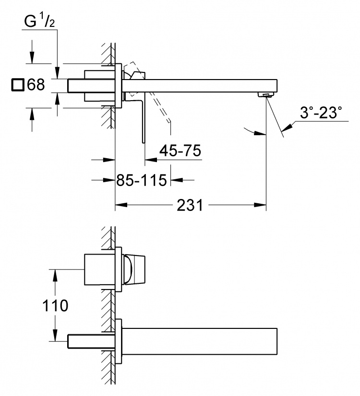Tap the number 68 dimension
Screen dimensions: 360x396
[x=36, y=84]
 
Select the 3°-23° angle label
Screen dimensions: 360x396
[x=321, y=112]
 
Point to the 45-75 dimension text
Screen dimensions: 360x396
[x=180, y=151]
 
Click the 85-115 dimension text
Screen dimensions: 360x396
[x=142, y=180]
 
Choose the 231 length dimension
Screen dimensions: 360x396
[x=190, y=205]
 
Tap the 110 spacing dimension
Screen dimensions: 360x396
[x=55, y=305]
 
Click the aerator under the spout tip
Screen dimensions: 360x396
[x=265, y=95]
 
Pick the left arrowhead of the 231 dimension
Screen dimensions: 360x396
[x=121, y=205]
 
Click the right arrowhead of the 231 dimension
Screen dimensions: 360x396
[x=260, y=205]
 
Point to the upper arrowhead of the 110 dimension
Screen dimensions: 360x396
[x=55, y=275]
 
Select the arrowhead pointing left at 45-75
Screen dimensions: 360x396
[x=151, y=160]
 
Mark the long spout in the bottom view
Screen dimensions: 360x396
[x=200, y=341]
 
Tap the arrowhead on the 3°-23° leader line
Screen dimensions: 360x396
[x=287, y=128]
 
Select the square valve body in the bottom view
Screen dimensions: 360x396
[x=100, y=270]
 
